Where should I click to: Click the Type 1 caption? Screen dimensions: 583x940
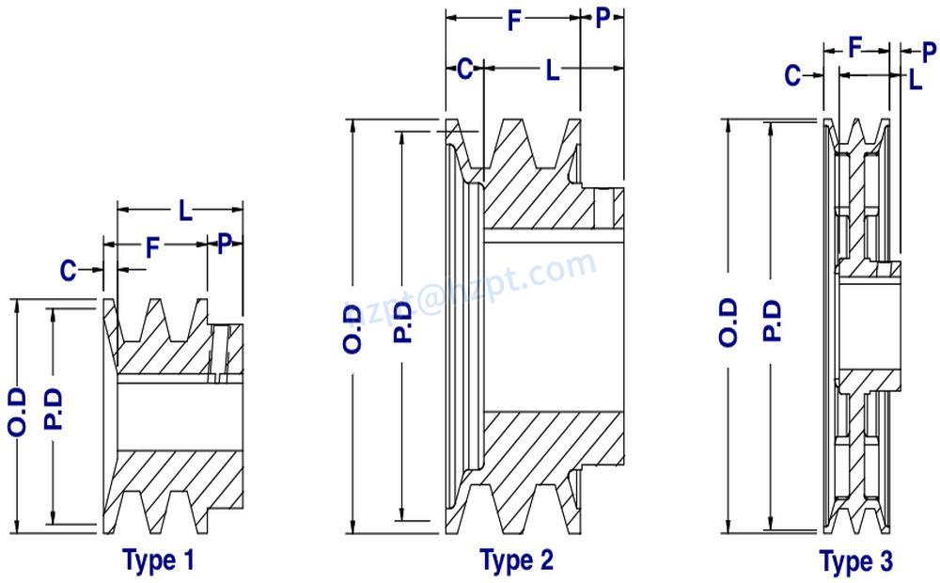click(159, 561)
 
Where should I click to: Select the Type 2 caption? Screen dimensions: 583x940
click(516, 560)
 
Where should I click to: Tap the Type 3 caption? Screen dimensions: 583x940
click(856, 562)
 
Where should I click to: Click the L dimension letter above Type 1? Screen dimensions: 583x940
click(185, 211)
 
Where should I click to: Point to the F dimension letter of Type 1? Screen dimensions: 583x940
click(153, 247)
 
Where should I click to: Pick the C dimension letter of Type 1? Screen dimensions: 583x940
click(68, 271)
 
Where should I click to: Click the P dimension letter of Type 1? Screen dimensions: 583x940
click(224, 246)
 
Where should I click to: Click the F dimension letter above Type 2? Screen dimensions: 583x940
click(513, 21)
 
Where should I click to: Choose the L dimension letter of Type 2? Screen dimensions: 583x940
click(552, 70)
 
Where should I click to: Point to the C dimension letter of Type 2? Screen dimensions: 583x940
click(463, 70)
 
